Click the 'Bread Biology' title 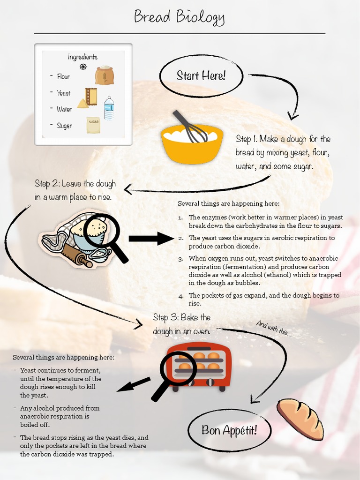180,17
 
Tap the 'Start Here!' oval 201,75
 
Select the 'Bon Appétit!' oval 229,430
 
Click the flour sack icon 105,75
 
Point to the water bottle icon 109,108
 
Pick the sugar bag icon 93,124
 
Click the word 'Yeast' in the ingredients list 64,93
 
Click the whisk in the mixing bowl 190,127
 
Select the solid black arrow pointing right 151,239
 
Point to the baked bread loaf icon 300,419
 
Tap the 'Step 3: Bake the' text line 182,317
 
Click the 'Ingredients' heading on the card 83,57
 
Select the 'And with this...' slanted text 274,329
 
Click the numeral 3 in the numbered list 181,259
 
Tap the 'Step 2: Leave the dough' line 75,183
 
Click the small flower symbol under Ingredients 83,67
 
